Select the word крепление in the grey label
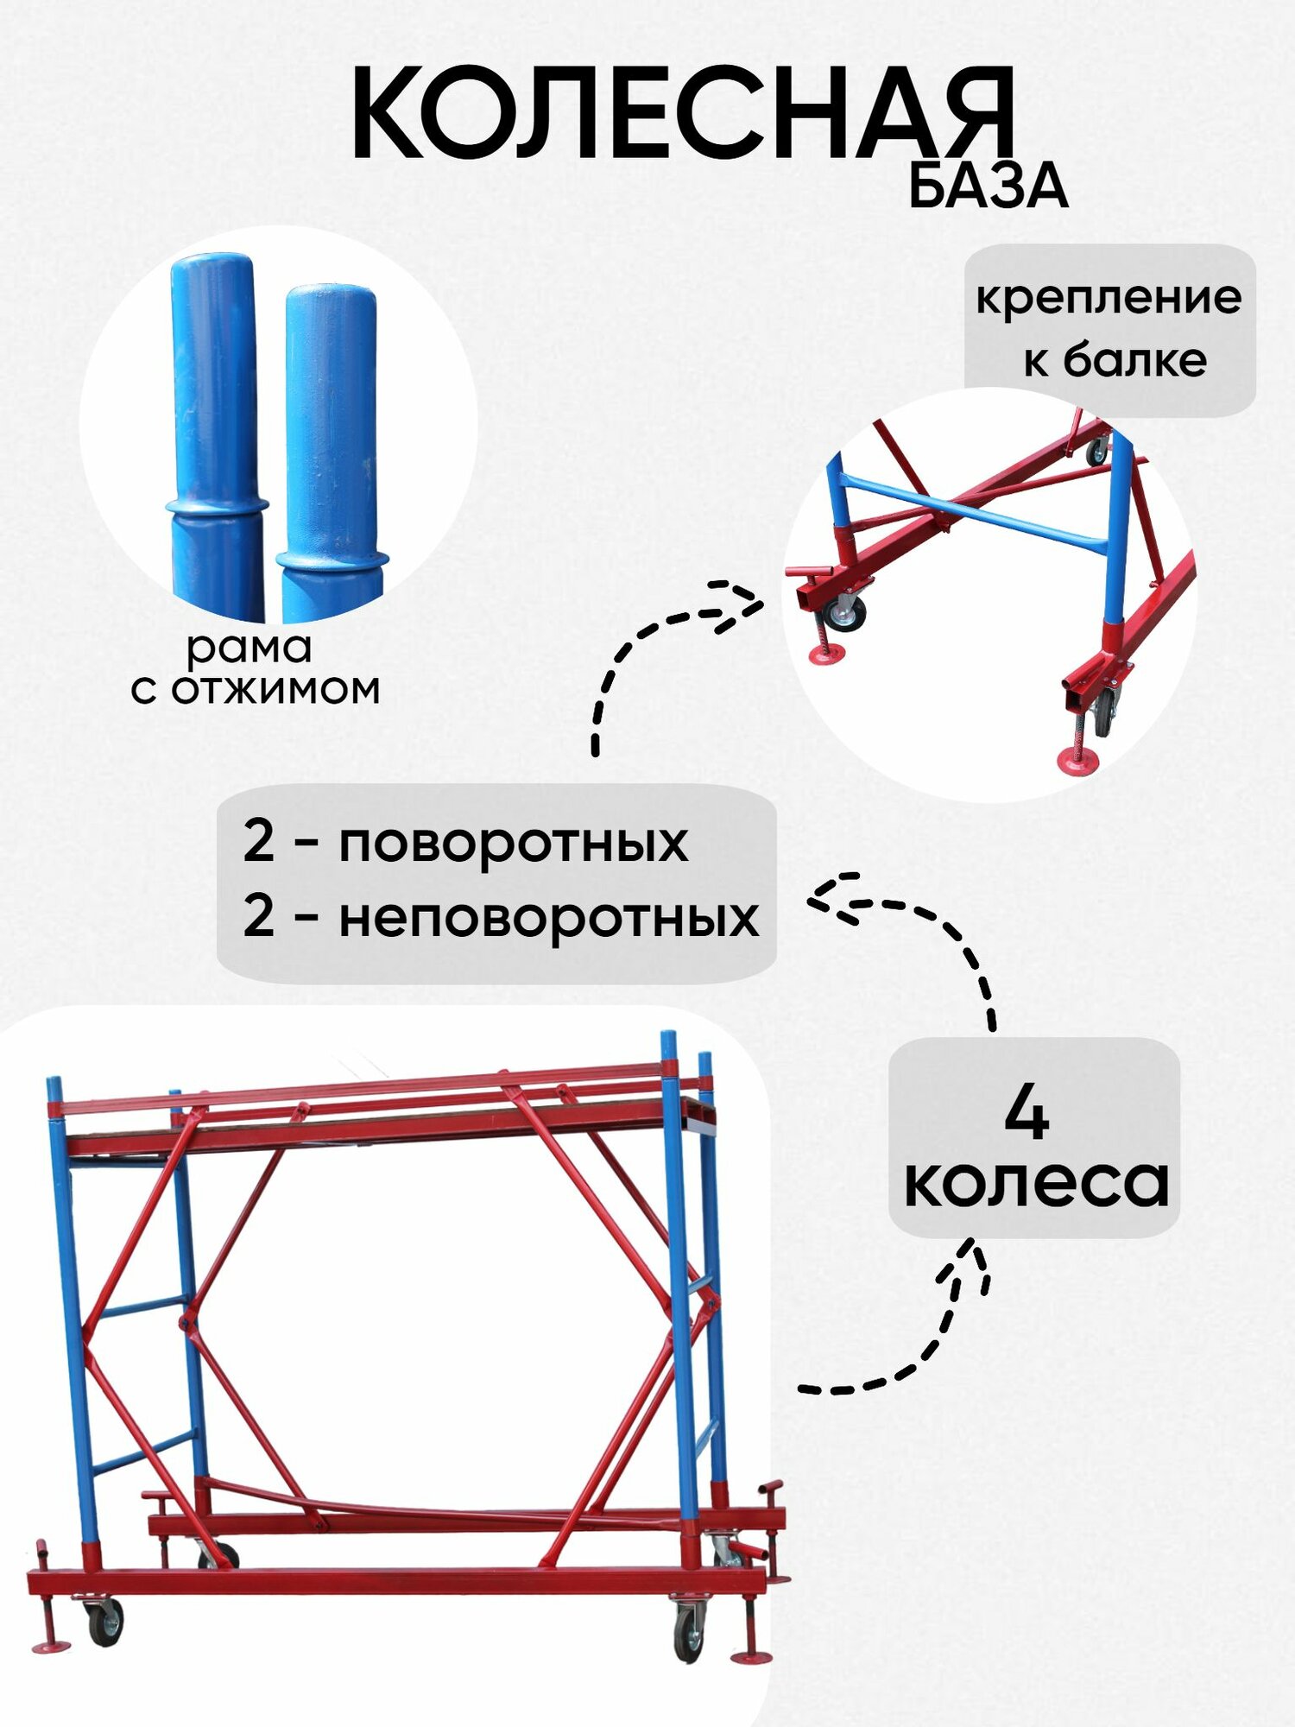tap(1109, 298)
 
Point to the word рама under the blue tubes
tap(249, 648)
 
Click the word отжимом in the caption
tap(275, 690)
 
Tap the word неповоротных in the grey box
tap(549, 917)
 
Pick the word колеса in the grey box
tap(1036, 1183)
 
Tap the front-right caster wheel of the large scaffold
tap(689, 1633)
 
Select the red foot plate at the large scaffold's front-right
tap(750, 1656)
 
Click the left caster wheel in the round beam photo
tap(843, 613)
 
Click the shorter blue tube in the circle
tap(332, 449)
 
